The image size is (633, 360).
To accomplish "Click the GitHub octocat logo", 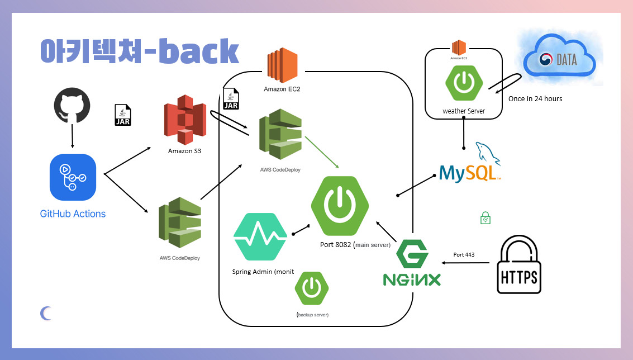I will pos(73,104).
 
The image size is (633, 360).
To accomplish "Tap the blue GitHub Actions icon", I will pos(73,177).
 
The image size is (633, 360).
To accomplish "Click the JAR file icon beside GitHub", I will pos(122,115).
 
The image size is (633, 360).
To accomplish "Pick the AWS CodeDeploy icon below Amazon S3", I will pos(179,222).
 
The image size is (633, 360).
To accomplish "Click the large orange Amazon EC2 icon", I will pos(282,66).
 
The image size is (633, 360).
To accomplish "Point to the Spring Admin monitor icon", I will pos(260,236).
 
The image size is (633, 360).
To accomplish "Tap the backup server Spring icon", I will pos(312,288).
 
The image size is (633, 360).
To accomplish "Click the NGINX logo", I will pos(412,264).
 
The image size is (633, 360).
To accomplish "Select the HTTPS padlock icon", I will pos(518,265).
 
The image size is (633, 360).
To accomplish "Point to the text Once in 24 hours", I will pos(535,99).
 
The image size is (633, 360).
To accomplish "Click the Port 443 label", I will pos(464,255).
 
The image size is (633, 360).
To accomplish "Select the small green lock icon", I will pos(486,218).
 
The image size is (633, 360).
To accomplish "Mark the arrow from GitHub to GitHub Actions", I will pos(73,135).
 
